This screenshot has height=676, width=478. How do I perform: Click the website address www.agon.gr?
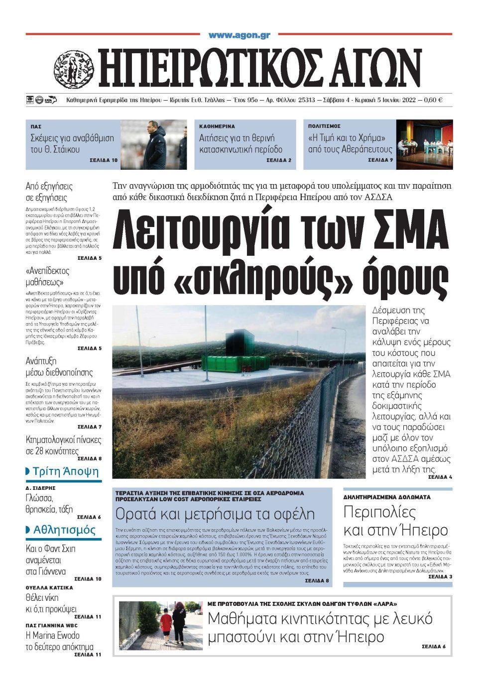pos(239,35)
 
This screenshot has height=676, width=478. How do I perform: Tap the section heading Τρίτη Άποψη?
pos(65,471)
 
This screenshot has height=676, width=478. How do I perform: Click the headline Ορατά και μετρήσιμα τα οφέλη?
pos(215,514)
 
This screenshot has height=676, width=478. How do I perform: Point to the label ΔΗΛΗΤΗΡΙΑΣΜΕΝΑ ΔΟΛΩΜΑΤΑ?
pos(387,497)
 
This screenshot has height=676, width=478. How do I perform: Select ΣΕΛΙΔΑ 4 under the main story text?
pos(440,477)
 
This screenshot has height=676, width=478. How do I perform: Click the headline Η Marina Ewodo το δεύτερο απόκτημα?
pos(59,641)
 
